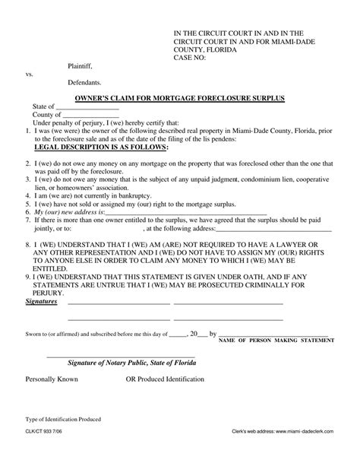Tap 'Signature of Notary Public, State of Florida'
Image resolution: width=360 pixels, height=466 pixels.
[x=131, y=363]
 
